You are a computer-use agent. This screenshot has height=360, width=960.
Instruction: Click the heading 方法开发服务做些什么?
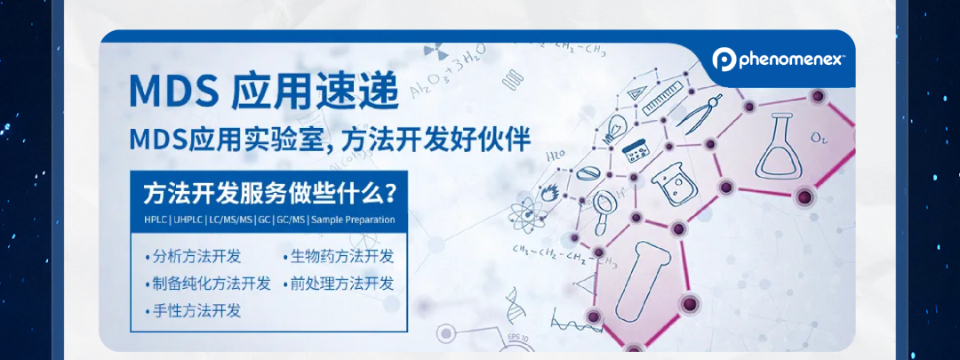point(269,192)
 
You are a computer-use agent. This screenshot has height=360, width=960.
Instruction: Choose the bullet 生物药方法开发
point(343,257)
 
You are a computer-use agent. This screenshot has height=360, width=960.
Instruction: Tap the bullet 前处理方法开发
point(343,284)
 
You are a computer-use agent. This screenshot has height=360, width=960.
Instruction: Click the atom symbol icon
point(523,214)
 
